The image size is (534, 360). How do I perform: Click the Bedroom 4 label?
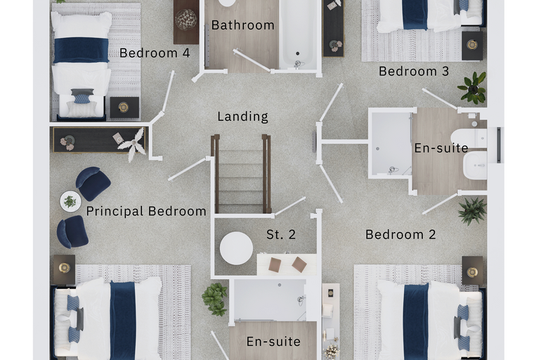click(155, 53)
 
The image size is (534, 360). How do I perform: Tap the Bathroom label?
click(243, 25)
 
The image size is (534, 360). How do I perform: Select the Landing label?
click(243, 117)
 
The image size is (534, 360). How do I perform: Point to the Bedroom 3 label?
click(414, 72)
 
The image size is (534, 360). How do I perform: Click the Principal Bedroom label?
click(146, 212)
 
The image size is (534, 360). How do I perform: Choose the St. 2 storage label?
click(281, 235)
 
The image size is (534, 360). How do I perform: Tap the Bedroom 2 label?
click(400, 235)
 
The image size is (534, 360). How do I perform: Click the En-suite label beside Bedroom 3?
click(441, 148)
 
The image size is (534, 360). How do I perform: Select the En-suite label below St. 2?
click(273, 342)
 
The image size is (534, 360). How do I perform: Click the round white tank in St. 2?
click(236, 248)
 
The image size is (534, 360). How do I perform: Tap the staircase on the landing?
click(241, 174)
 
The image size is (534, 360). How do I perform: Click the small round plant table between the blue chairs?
click(70, 201)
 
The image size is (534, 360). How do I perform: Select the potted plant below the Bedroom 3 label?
click(472, 88)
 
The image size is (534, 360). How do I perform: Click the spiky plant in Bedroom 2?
click(472, 212)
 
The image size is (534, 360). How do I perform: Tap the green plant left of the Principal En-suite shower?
click(214, 299)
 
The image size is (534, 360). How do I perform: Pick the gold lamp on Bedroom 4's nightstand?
click(124, 108)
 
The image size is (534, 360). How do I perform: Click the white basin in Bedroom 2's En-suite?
click(476, 165)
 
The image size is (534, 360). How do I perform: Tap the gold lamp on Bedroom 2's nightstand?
click(472, 272)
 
